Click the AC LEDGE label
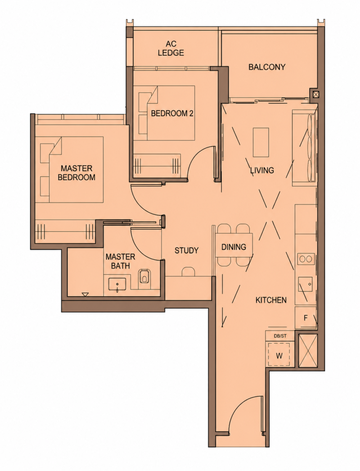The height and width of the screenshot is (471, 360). pyautogui.click(x=171, y=49)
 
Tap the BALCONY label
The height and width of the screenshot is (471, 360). pyautogui.click(x=267, y=67)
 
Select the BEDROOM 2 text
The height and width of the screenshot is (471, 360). pyautogui.click(x=172, y=113)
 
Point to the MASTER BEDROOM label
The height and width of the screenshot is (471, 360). pyautogui.click(x=76, y=173)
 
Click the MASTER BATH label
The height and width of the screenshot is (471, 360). pyautogui.click(x=121, y=261)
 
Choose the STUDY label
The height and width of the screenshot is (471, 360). pyautogui.click(x=186, y=250)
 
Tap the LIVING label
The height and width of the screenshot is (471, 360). pyautogui.click(x=262, y=170)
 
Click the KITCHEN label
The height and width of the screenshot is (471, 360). pyautogui.click(x=271, y=300)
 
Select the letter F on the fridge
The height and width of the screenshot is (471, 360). pyautogui.click(x=306, y=318)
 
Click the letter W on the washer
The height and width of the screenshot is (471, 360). pyautogui.click(x=279, y=356)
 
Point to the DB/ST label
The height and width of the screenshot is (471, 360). pyautogui.click(x=280, y=336)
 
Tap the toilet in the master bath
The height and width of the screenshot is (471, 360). pyautogui.click(x=144, y=277)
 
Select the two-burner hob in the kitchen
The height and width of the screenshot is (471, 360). pyautogui.click(x=306, y=258)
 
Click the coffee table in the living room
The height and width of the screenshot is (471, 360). pyautogui.click(x=261, y=142)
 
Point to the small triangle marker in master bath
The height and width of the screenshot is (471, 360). pyautogui.click(x=85, y=294)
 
